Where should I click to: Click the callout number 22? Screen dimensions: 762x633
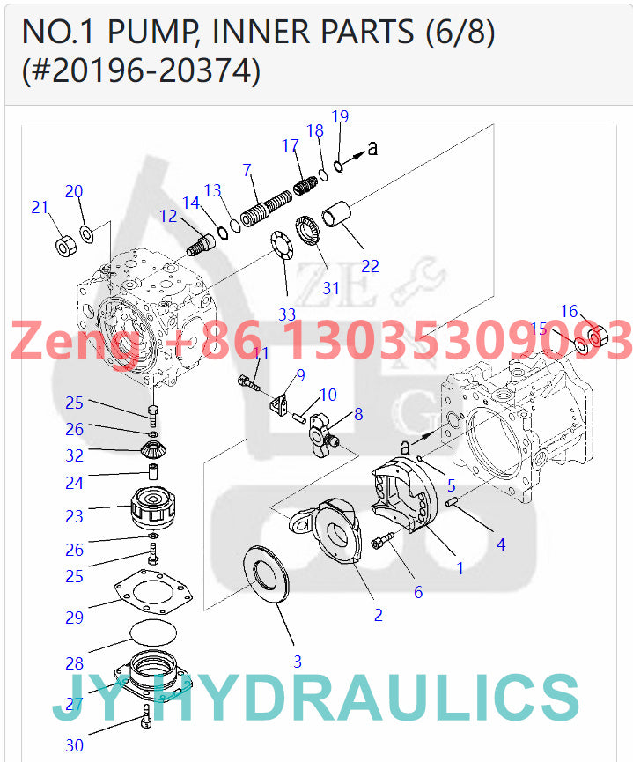tap(371, 266)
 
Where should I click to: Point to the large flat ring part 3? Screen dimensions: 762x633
tap(263, 576)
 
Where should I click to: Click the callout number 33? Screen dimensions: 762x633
tap(287, 314)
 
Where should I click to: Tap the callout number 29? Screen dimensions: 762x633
tap(74, 618)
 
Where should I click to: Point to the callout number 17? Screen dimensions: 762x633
tap(290, 146)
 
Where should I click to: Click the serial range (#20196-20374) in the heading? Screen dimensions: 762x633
tap(141, 70)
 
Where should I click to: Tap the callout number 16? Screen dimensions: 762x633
tap(569, 311)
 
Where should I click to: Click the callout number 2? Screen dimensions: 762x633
tap(378, 615)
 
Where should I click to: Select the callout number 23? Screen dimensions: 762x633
tap(74, 516)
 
